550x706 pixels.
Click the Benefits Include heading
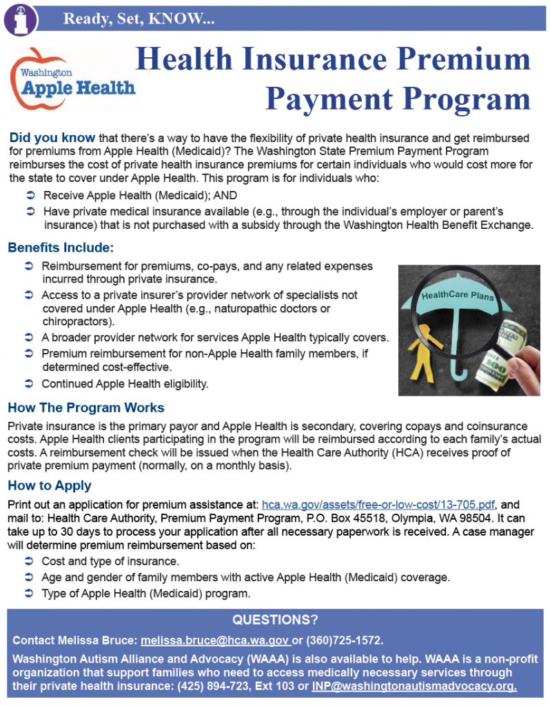(61, 248)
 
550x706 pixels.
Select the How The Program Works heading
(86, 407)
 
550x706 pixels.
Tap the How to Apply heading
(50, 485)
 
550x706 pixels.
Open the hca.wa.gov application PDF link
(378, 504)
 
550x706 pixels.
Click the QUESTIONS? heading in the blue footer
(274, 619)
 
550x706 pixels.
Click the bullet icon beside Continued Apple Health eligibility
(29, 383)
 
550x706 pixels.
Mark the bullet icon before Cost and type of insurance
(29, 561)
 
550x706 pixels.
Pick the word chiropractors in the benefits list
(78, 321)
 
